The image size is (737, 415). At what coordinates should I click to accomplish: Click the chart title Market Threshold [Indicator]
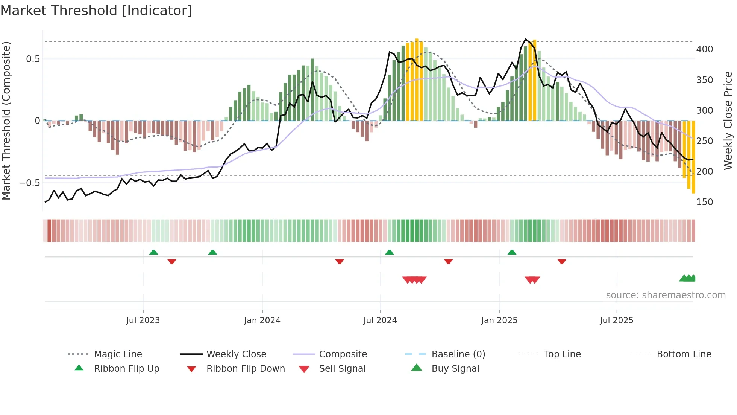(96, 11)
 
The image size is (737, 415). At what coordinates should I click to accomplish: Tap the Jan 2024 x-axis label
(262, 320)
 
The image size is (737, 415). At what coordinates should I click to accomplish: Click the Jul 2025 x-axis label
(616, 320)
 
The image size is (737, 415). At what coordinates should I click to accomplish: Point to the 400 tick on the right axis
(704, 49)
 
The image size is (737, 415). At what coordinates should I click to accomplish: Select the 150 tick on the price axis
(704, 202)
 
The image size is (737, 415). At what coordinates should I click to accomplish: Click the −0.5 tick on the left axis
(29, 183)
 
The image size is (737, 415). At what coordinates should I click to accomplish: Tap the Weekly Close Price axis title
(728, 121)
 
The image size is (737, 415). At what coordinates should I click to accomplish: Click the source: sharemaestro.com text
(666, 295)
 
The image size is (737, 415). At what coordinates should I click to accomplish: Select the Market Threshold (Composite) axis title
(6, 121)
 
